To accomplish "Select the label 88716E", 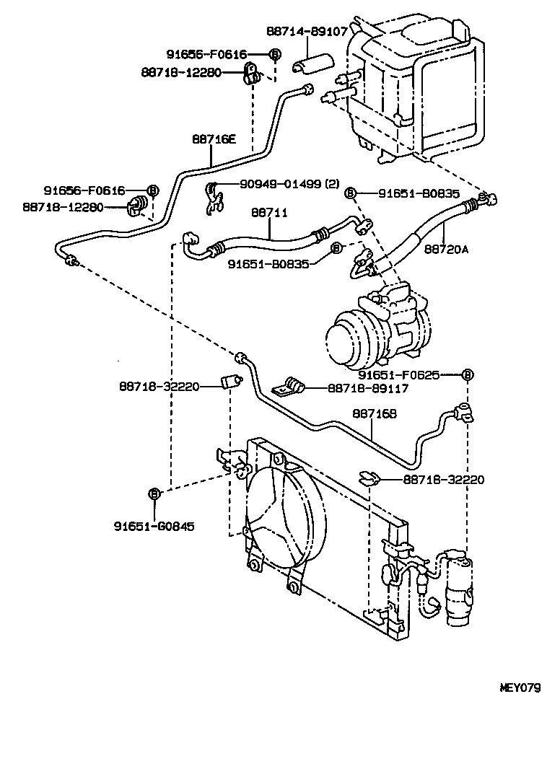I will tap(214, 139).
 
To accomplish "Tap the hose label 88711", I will tap(269, 213).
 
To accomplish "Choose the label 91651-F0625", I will tap(399, 375).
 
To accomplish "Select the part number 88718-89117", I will tap(368, 388).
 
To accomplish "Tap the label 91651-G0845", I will tap(153, 526).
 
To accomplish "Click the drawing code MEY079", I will tap(520, 687).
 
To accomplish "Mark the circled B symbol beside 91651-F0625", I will tap(467, 374).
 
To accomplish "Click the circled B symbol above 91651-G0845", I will tap(153, 493).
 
